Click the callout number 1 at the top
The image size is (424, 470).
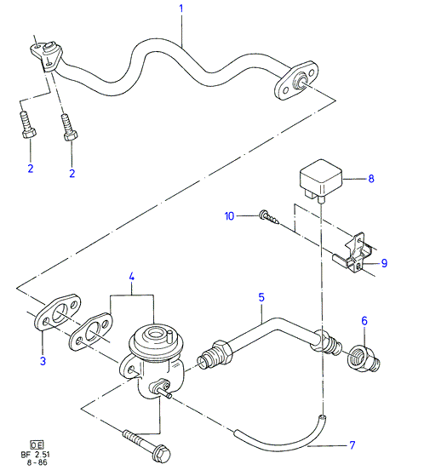click(x=181, y=9)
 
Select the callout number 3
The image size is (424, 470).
click(x=43, y=361)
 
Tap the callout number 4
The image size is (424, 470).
click(x=132, y=277)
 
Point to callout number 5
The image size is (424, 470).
click(x=261, y=297)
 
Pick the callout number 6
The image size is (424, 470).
click(x=364, y=321)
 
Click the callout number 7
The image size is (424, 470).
click(x=352, y=445)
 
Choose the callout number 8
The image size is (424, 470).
click(x=371, y=179)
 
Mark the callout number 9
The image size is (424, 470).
click(x=384, y=263)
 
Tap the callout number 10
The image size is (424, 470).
click(x=229, y=215)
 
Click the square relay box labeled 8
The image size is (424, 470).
click(x=321, y=177)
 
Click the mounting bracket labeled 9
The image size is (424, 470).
click(x=353, y=253)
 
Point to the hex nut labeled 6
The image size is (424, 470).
click(x=364, y=358)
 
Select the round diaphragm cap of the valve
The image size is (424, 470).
click(x=152, y=337)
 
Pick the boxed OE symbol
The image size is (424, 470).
click(x=37, y=444)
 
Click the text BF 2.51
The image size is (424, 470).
click(x=36, y=454)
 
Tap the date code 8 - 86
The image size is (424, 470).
click(x=37, y=462)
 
